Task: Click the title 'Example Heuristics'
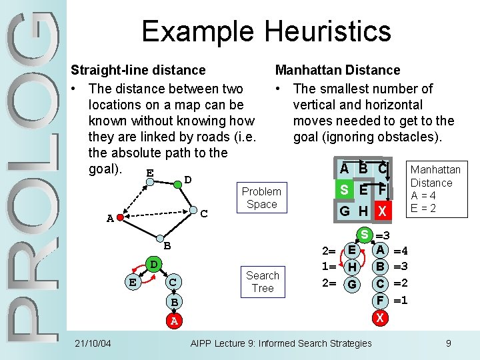pos(266,31)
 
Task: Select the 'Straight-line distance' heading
pos(138,70)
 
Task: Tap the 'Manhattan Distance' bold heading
pos(337,70)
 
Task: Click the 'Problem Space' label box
pos(261,197)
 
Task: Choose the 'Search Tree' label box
pos(262,281)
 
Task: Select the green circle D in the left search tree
pos(153,265)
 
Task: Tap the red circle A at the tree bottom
pos(173,321)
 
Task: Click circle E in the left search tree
pos(133,282)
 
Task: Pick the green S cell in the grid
pos(344,189)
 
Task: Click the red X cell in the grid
pos(381,211)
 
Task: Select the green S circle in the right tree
pos(365,235)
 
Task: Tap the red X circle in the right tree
pos(379,318)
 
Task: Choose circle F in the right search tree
pos(379,301)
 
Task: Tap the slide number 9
pos(449,343)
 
